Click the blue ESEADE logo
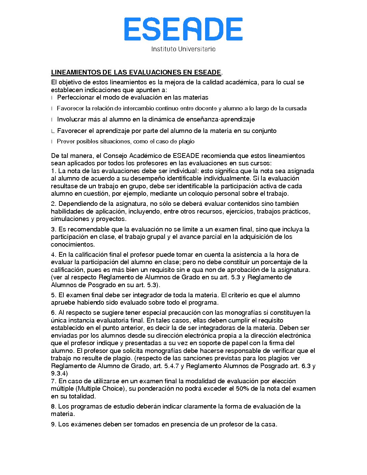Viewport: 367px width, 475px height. point(183,29)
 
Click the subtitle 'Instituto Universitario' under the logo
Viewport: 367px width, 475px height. point(183,49)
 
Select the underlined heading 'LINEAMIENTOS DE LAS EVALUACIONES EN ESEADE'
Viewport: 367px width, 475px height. point(136,72)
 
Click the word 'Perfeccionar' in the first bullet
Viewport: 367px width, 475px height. point(76,97)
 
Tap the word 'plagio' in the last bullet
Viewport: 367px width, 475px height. point(187,141)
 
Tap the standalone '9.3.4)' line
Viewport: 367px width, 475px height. point(59,373)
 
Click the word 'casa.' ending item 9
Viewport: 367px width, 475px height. point(270,424)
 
